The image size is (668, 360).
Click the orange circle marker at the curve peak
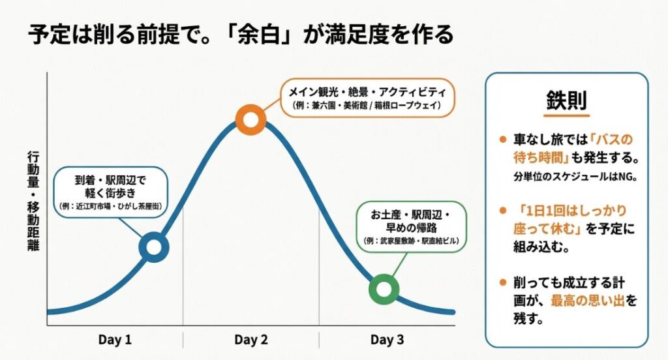[x=250, y=119]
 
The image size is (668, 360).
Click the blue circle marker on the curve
[x=154, y=247]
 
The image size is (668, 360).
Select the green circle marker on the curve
[x=384, y=290]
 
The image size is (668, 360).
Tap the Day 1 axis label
[x=115, y=340]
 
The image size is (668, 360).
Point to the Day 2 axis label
[x=251, y=340]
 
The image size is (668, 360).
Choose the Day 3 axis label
[x=387, y=340]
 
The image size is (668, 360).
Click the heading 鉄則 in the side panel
[x=566, y=101]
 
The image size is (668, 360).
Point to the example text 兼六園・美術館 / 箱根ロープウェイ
[x=367, y=105]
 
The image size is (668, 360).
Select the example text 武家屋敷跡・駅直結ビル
[x=411, y=241]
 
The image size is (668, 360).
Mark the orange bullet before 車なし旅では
[x=502, y=140]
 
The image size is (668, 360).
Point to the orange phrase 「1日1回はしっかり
[x=569, y=211]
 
